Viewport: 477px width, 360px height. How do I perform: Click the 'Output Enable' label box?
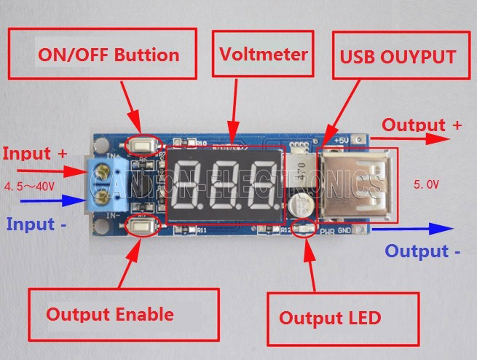110,315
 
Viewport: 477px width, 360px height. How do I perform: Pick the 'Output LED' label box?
330,318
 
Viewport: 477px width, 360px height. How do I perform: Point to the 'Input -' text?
36,224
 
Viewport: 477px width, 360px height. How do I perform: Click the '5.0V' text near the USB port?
426,185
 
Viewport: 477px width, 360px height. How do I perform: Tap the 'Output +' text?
422,125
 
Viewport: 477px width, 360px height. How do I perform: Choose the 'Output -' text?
422,251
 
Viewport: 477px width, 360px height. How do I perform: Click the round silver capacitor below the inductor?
299,206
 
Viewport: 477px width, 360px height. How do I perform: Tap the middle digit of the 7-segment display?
224,186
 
